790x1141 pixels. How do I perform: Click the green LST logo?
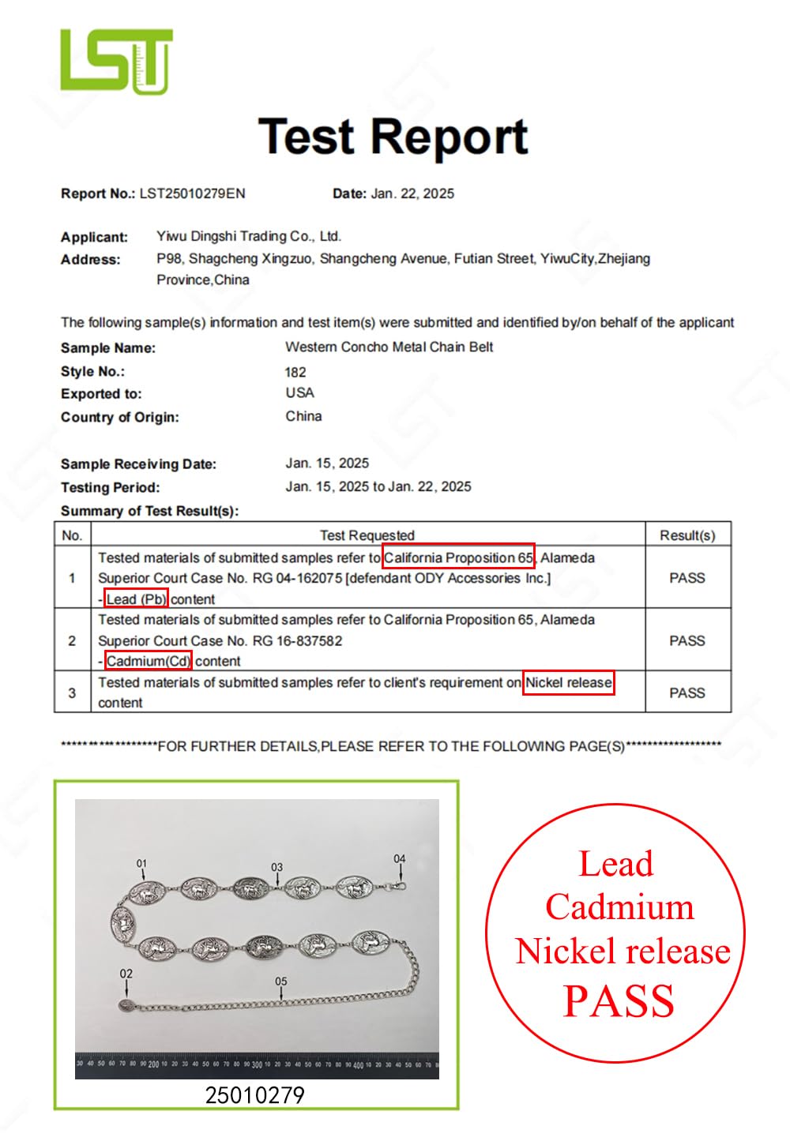(116, 61)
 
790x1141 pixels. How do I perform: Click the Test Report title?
(393, 137)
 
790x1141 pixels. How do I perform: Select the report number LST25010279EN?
(192, 193)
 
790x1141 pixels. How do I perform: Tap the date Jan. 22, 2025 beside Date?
(412, 193)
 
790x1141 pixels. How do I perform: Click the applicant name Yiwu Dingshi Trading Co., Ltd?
(248, 236)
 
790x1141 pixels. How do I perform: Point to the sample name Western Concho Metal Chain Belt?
(389, 347)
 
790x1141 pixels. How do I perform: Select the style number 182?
(295, 372)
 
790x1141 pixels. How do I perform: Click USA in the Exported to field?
(299, 393)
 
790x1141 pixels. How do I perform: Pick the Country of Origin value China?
(303, 416)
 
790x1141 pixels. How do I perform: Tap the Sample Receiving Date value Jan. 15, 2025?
(327, 464)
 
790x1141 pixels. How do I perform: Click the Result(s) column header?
(687, 535)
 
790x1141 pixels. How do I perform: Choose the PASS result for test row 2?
(687, 640)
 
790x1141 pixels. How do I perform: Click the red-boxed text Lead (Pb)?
(136, 599)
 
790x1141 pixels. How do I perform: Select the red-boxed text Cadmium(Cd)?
(149, 661)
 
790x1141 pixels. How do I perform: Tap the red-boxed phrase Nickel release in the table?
(569, 682)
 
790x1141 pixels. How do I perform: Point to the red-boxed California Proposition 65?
(458, 557)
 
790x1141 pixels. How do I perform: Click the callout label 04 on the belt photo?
(400, 858)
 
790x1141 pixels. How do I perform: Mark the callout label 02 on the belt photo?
(126, 974)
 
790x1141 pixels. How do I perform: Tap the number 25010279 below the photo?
(254, 1095)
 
